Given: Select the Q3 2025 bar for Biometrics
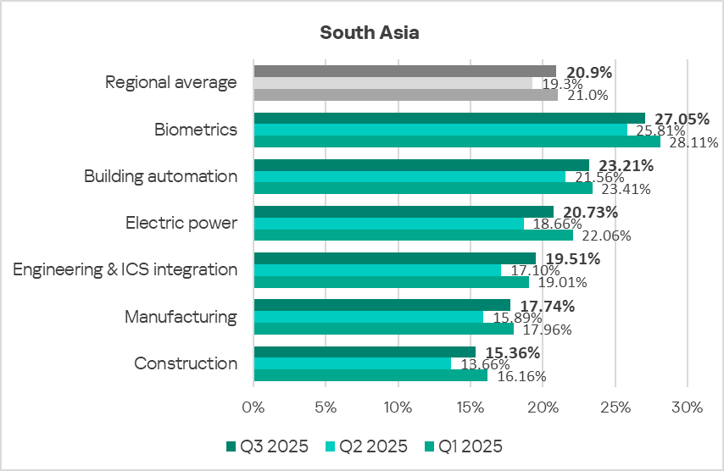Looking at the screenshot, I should tap(449, 119).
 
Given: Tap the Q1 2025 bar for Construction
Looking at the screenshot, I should tap(370, 375).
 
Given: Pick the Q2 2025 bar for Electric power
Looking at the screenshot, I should tap(389, 224).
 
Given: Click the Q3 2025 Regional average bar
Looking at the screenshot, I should tap(404, 71).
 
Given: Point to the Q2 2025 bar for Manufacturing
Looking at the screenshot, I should tap(369, 317).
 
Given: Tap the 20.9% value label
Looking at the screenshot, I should tap(588, 71).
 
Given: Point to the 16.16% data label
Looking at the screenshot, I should tap(520, 376).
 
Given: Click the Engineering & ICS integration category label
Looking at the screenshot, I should tap(125, 269).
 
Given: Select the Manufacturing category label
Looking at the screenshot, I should tap(181, 317).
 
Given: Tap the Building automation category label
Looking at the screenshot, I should tap(160, 176).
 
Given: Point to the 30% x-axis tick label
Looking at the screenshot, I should tap(687, 407).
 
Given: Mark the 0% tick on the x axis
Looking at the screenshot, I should tap(254, 407).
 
